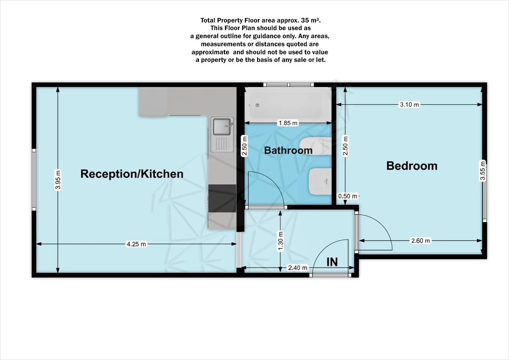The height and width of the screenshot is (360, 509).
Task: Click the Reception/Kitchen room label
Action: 132,174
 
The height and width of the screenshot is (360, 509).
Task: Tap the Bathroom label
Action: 288,151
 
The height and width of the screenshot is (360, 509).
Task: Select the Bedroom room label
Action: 411,166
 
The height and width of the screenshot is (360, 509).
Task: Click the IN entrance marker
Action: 332,262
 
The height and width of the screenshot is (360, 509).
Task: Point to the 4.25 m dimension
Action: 136,244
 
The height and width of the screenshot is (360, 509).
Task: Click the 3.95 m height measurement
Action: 58,180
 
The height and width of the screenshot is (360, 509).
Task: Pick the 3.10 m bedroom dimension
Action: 409,104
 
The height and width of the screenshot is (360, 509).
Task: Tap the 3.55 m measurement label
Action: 482,170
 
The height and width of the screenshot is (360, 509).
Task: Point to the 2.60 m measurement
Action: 420,241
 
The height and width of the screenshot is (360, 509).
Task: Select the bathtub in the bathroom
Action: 288,104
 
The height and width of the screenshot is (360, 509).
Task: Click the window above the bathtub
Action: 288,84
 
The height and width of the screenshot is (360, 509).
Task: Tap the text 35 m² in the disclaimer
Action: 316,20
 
